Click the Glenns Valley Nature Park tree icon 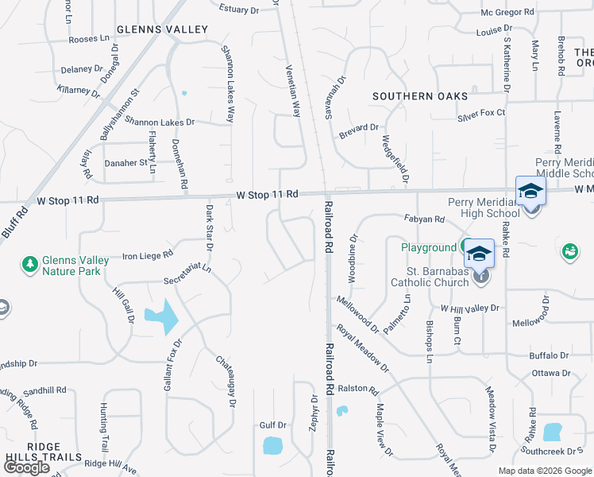[x=30, y=263]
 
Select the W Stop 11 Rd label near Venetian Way [x=267, y=194]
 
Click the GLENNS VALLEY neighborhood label [x=162, y=29]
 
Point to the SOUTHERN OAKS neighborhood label [x=421, y=96]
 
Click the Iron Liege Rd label [x=148, y=255]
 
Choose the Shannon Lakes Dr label [x=159, y=122]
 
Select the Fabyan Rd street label [x=424, y=219]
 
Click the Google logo [x=27, y=467]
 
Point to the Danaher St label [x=127, y=163]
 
